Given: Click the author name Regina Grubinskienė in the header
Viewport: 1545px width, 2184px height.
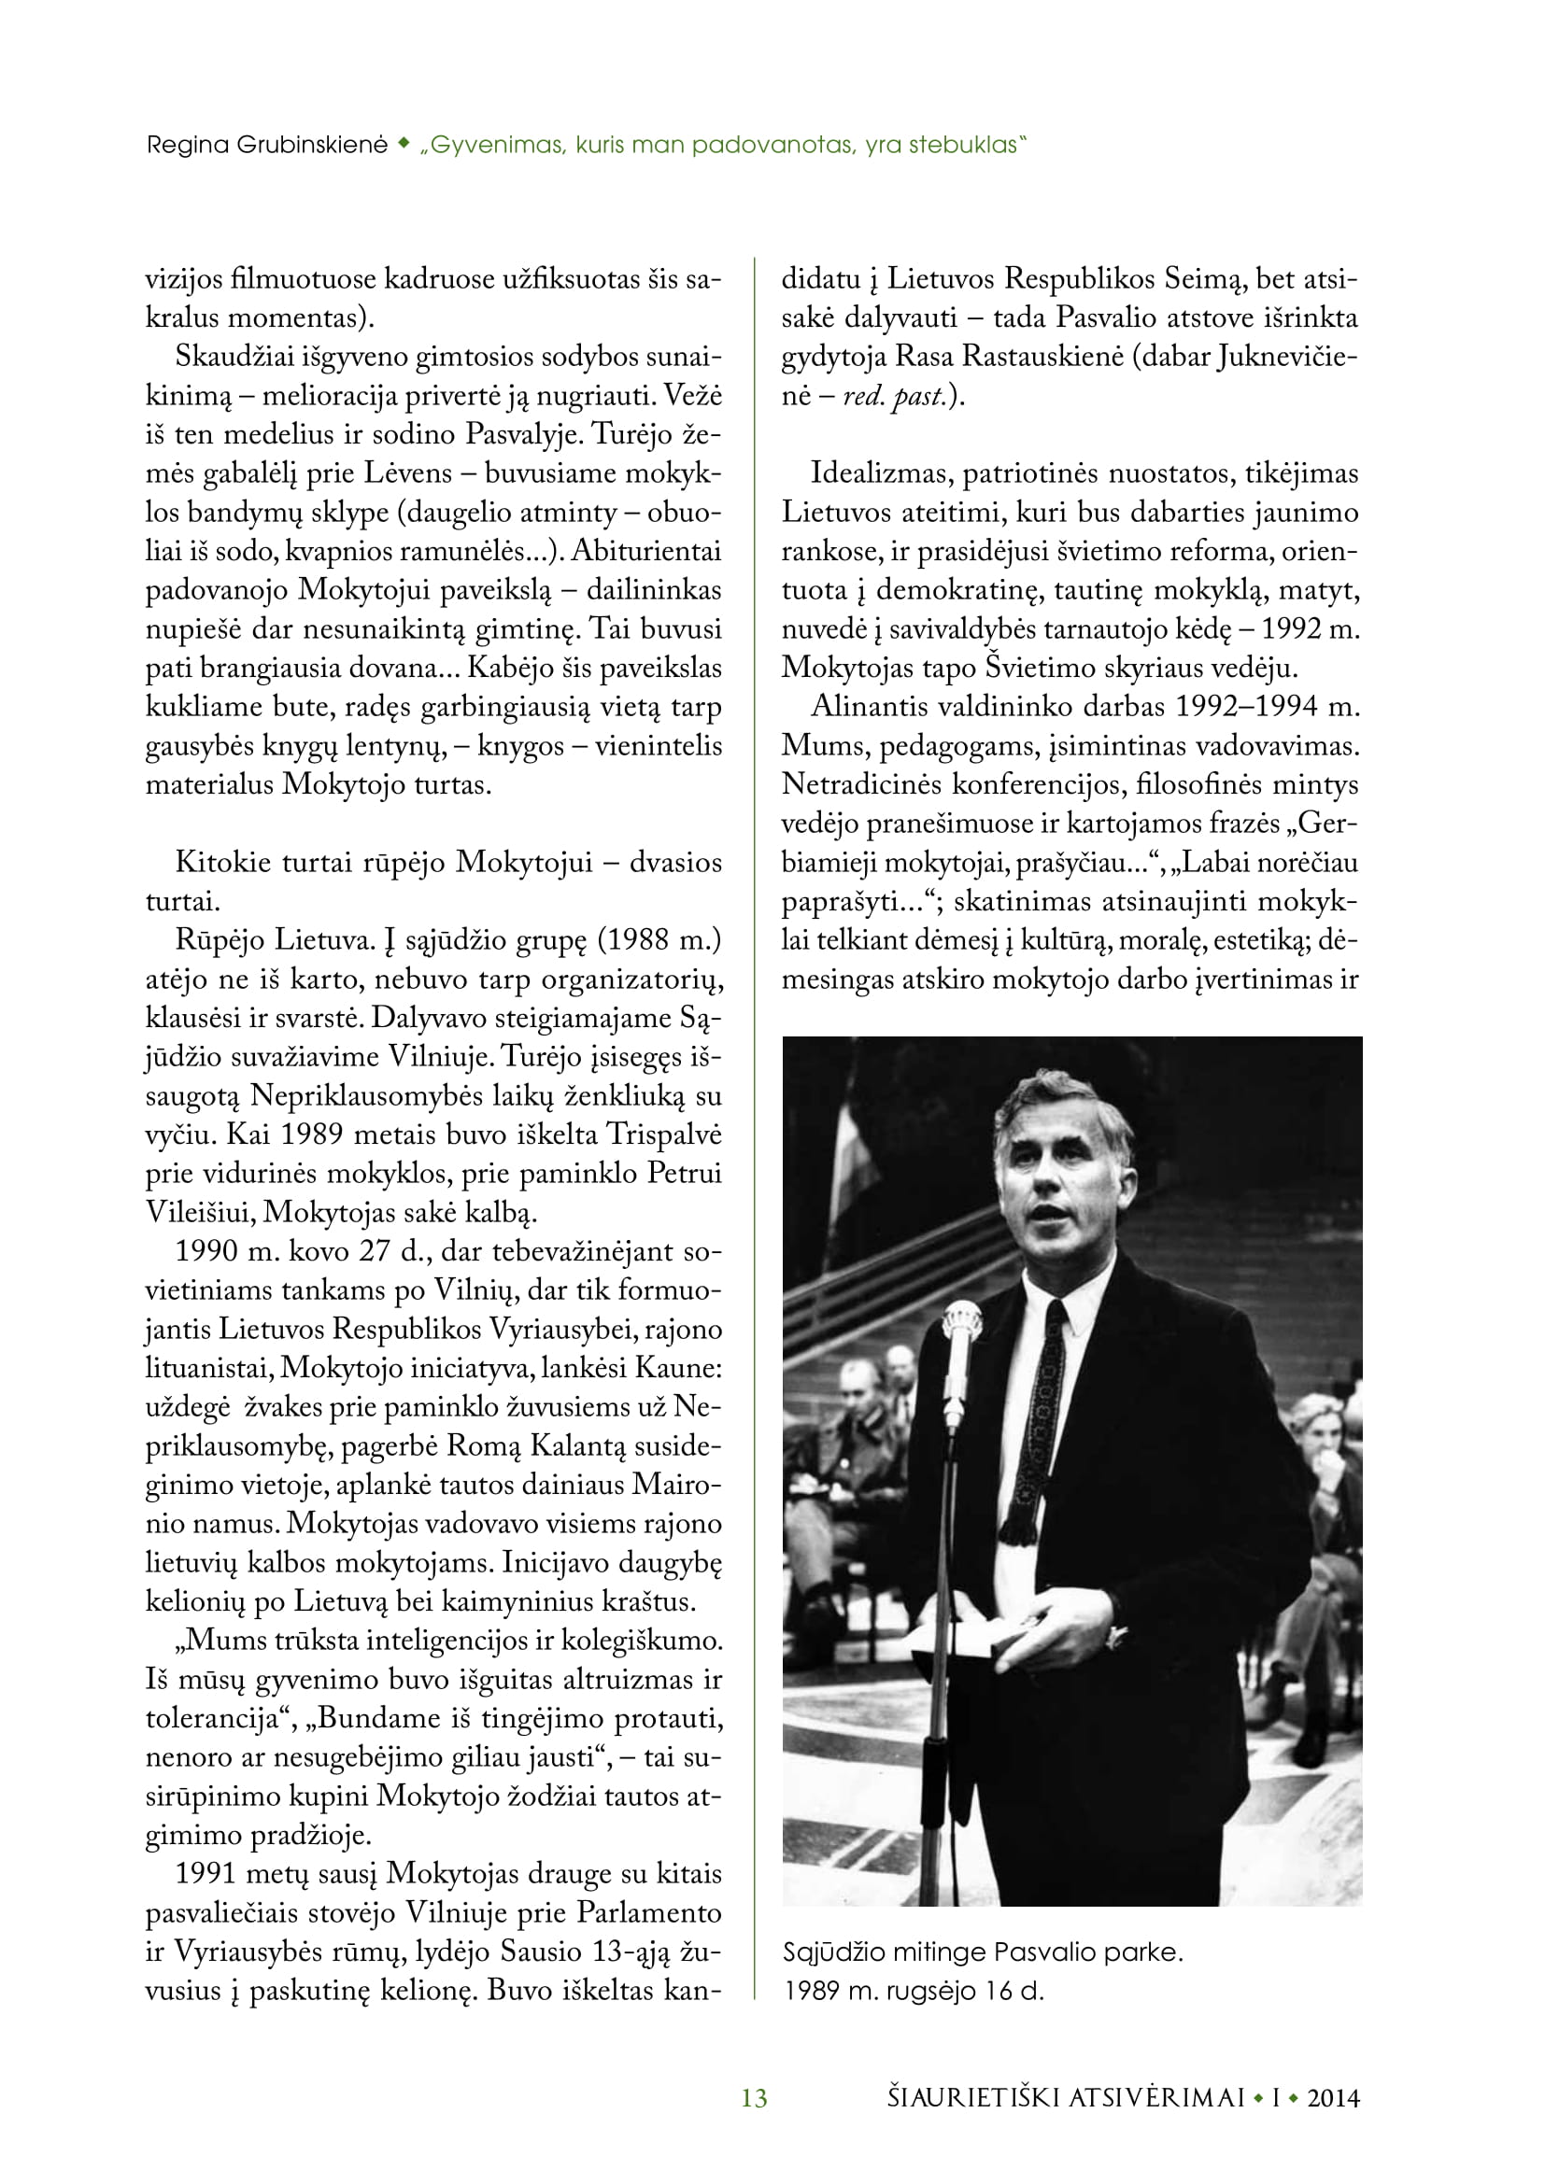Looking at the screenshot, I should [x=266, y=146].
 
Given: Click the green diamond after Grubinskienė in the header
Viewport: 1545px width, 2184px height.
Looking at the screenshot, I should [x=404, y=145].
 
